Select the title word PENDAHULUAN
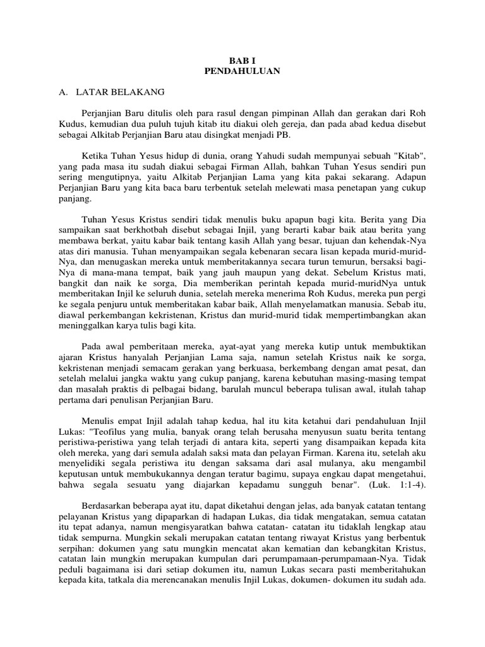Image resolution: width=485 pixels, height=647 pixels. tap(242, 72)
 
